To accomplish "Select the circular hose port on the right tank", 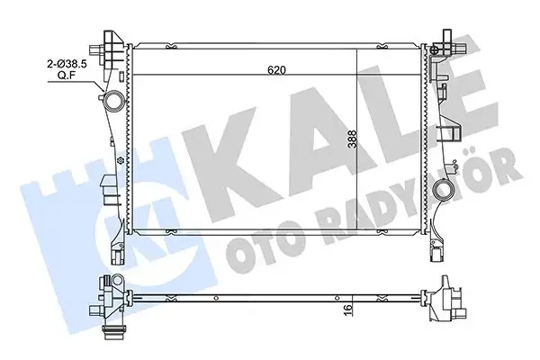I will tap(441, 189).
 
